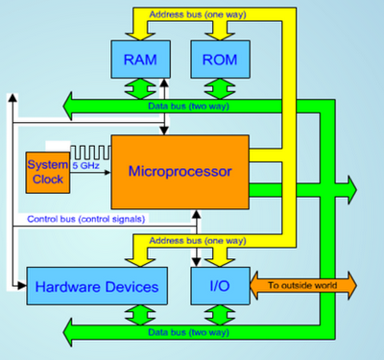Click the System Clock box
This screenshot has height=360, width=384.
[45, 170]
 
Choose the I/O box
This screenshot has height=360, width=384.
[220, 285]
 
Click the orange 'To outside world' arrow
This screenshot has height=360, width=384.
[303, 284]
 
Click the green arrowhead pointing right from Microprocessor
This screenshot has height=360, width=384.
[346, 186]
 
